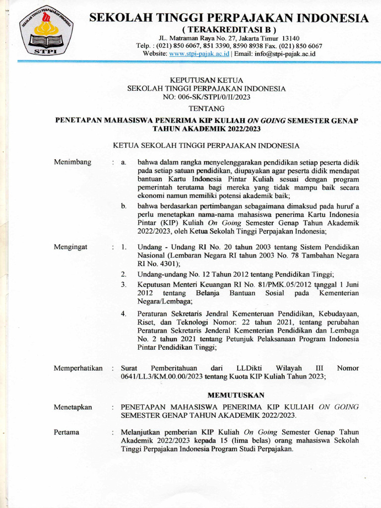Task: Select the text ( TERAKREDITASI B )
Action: (229, 30)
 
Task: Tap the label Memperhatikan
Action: (78, 368)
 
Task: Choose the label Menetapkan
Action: (73, 407)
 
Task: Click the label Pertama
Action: (66, 432)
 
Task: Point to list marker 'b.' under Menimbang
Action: (124, 206)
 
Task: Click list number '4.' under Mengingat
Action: (124, 314)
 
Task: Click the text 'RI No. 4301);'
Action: (159, 263)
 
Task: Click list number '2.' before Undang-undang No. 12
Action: (124, 274)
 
